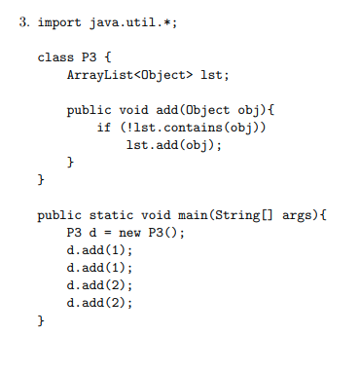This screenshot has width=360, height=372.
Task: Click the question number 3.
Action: pyautogui.click(x=23, y=22)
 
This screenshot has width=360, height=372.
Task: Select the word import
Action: pyautogui.click(x=58, y=22)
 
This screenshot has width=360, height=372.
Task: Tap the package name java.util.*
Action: pyautogui.click(x=124, y=22)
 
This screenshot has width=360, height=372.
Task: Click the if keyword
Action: pyautogui.click(x=102, y=128)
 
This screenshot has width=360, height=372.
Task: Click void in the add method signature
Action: pyautogui.click(x=134, y=110)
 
